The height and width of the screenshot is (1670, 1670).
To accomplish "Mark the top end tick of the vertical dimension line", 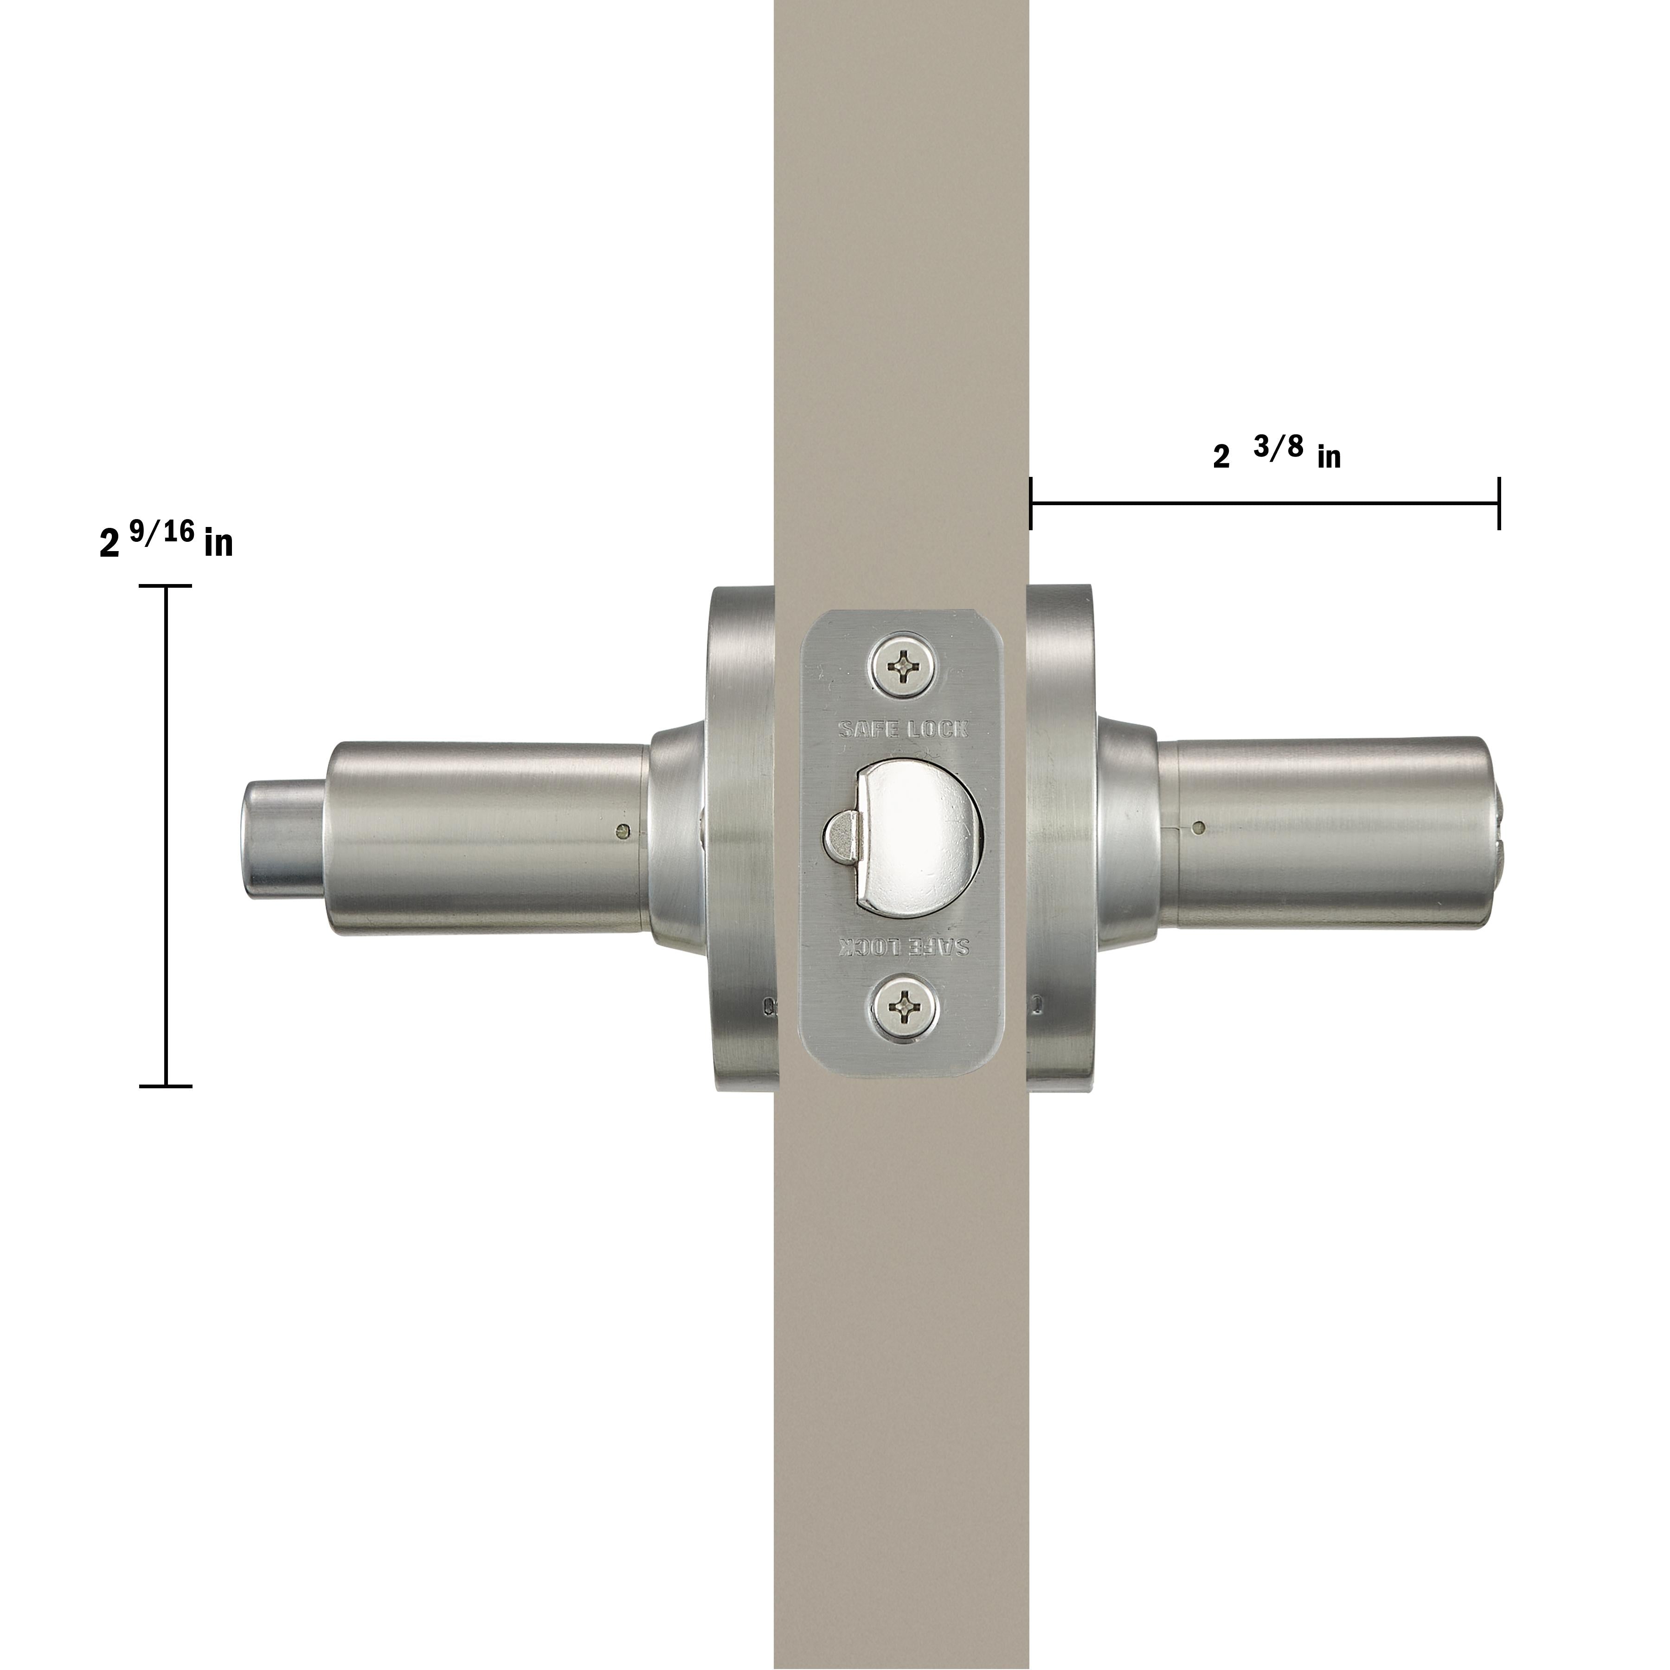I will point(165,586).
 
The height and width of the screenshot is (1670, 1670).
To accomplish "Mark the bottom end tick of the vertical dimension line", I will point(165,1085).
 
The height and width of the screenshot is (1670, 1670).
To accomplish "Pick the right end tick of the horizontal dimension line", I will point(1499,502).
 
